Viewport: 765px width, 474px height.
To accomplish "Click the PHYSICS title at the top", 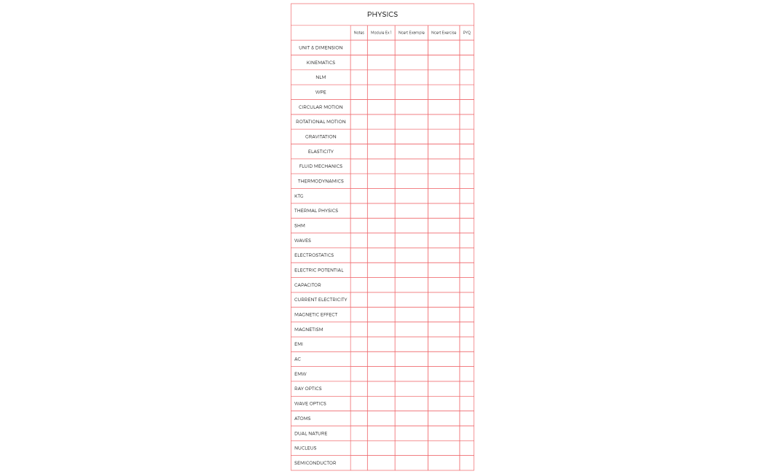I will [382, 15].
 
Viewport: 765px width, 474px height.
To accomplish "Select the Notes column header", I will [358, 33].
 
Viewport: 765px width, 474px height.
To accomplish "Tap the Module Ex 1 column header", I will [381, 33].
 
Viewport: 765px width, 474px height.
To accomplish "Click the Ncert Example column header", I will [411, 33].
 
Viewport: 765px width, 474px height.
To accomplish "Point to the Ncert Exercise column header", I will [443, 33].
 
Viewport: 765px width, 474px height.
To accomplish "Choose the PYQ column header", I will [466, 33].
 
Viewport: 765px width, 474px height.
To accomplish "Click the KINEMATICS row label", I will [321, 63].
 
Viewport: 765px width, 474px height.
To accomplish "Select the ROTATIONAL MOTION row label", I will [321, 122].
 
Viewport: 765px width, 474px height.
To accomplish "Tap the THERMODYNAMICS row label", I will [321, 181].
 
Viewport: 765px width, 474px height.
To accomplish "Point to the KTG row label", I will [299, 196].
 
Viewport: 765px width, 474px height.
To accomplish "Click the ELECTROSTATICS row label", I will [314, 255].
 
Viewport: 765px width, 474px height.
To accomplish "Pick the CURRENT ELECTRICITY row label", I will [321, 300].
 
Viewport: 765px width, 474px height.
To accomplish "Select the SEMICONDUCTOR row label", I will [315, 463].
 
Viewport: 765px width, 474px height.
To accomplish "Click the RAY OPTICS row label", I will [307, 389].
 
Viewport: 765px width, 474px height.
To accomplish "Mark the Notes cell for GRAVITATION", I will [358, 136].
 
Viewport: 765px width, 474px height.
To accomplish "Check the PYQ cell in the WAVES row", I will [466, 241].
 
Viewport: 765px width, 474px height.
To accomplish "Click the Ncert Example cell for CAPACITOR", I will [411, 285].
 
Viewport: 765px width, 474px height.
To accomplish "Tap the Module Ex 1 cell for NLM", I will [381, 77].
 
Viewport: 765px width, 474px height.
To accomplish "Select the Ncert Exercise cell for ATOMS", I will [443, 419].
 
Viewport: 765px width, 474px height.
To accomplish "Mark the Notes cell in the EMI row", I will [358, 344].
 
